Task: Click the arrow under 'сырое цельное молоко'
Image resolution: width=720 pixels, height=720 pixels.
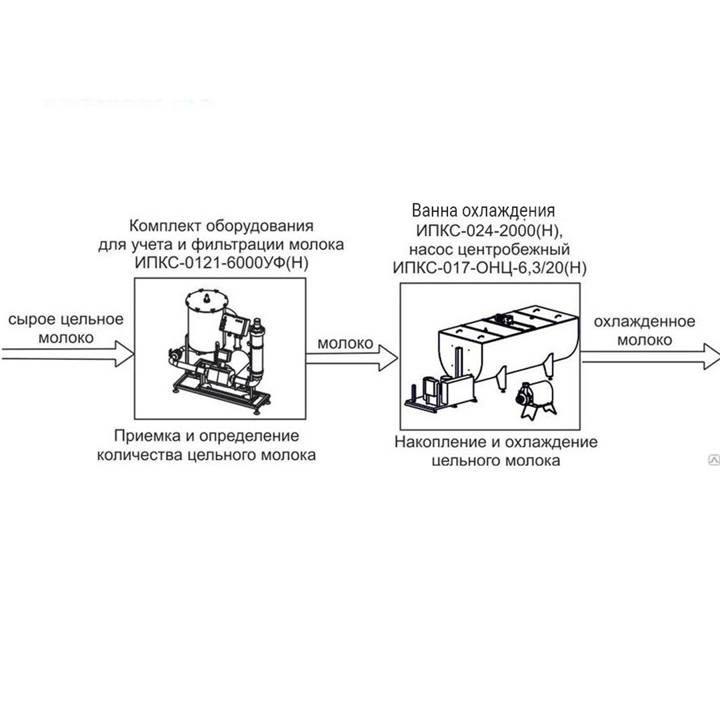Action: (67, 353)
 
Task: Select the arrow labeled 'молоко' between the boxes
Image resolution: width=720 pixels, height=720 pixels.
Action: (352, 358)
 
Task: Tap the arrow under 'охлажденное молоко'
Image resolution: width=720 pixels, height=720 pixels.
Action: (650, 356)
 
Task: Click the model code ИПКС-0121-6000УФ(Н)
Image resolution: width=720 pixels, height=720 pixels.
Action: (221, 263)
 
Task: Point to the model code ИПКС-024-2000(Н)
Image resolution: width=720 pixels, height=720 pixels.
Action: (489, 230)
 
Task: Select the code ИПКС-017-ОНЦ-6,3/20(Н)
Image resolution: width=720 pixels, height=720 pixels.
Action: (489, 268)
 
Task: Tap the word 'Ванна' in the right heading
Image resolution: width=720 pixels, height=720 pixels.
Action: (435, 210)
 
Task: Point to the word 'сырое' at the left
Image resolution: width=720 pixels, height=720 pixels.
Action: (32, 319)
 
